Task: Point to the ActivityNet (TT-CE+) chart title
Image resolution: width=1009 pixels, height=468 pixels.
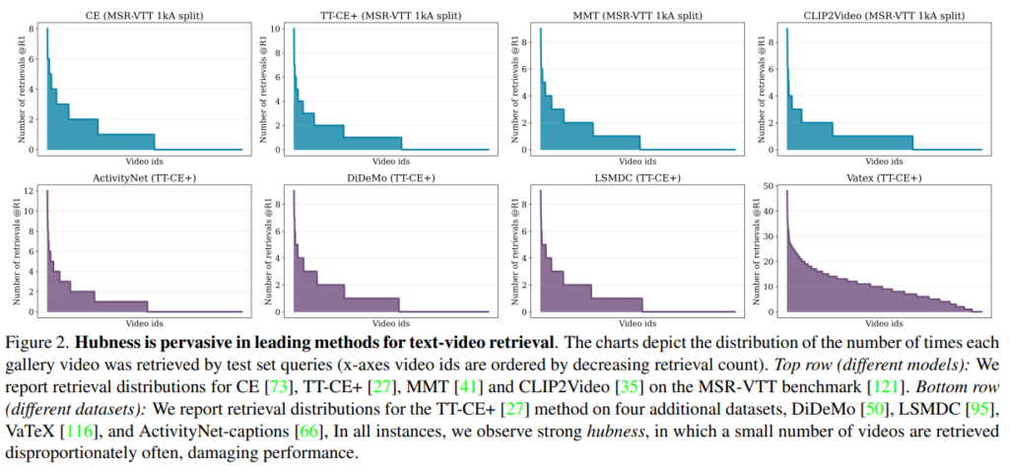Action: pyautogui.click(x=130, y=177)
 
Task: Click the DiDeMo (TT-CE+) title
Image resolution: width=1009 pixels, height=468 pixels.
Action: pyautogui.click(x=378, y=177)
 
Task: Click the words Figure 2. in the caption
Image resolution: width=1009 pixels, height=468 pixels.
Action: pyautogui.click(x=37, y=344)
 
